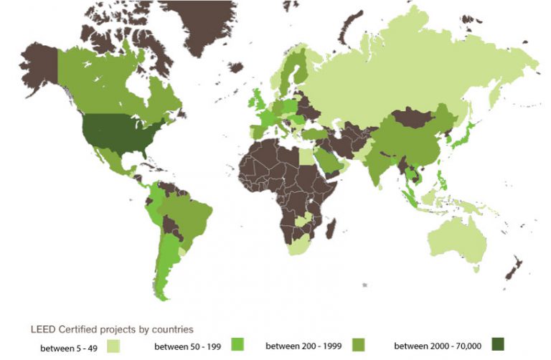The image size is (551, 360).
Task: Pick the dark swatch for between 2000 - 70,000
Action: click(x=498, y=345)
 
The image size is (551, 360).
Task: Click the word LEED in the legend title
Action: click(x=41, y=330)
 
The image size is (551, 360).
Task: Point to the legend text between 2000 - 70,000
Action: click(x=438, y=346)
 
